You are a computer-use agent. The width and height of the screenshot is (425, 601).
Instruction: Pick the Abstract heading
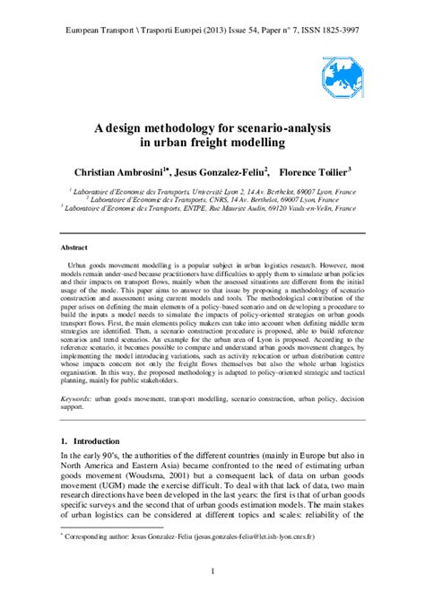[74, 246]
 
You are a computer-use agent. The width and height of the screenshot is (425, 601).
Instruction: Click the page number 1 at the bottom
[212, 571]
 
